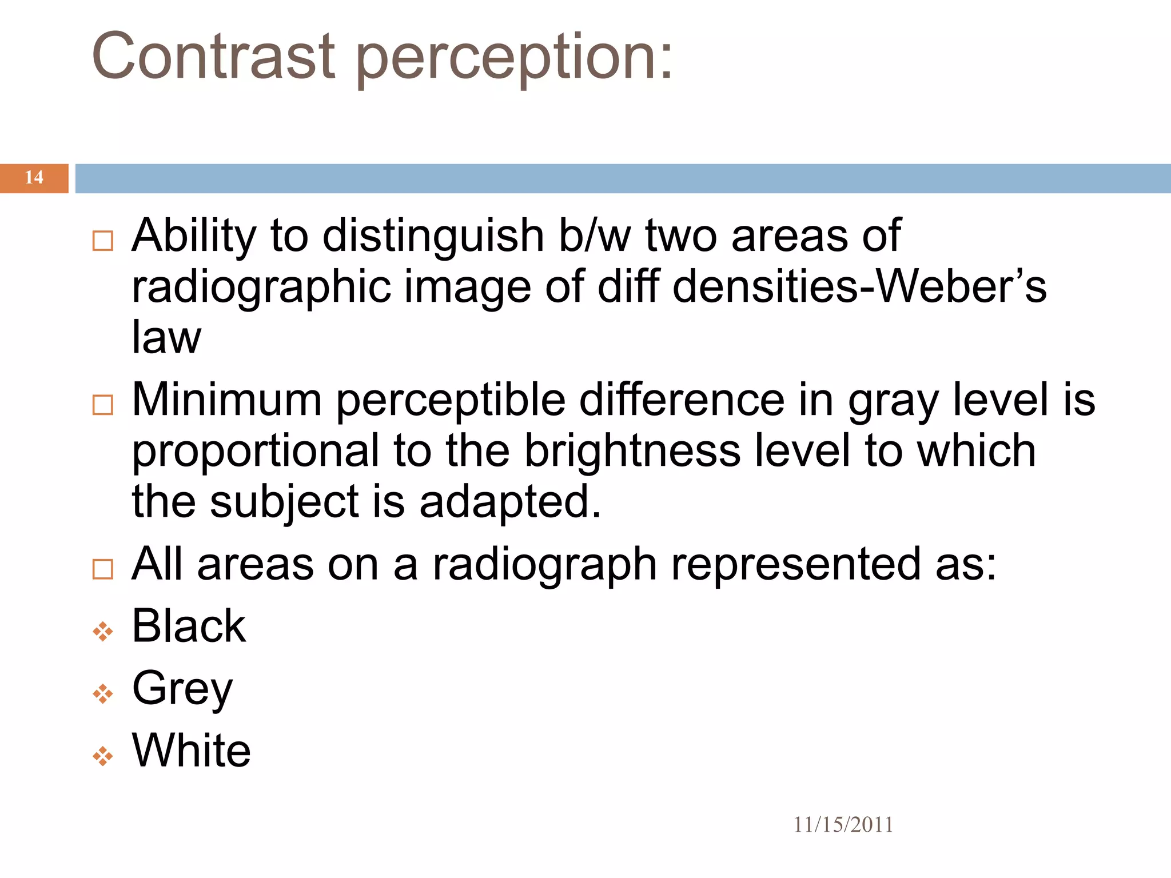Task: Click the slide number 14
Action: click(34, 178)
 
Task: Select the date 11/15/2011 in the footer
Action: click(843, 825)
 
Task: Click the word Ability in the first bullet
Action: click(194, 236)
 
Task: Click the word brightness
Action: click(632, 451)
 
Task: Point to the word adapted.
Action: click(509, 502)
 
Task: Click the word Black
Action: click(189, 626)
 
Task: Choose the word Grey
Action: click(182, 689)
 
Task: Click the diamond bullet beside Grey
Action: click(103, 694)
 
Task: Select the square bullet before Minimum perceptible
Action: click(103, 405)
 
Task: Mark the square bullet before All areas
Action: click(103, 569)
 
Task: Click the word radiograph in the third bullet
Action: click(544, 565)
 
